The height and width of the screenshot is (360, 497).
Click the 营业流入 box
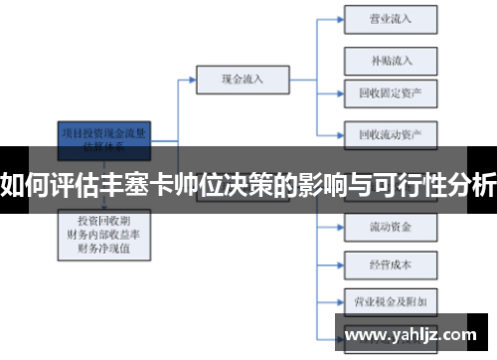(x=391, y=18)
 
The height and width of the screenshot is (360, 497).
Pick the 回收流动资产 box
(x=391, y=132)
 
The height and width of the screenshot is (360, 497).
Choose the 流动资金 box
(x=391, y=228)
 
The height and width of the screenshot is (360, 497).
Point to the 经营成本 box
(x=391, y=265)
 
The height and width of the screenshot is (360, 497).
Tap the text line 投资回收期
(x=104, y=219)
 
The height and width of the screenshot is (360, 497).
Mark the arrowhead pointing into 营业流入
(x=339, y=18)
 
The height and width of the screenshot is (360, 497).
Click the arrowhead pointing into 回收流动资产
(x=339, y=132)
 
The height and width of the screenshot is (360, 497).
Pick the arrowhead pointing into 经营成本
(x=339, y=265)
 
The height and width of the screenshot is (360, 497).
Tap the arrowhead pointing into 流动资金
(x=339, y=228)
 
